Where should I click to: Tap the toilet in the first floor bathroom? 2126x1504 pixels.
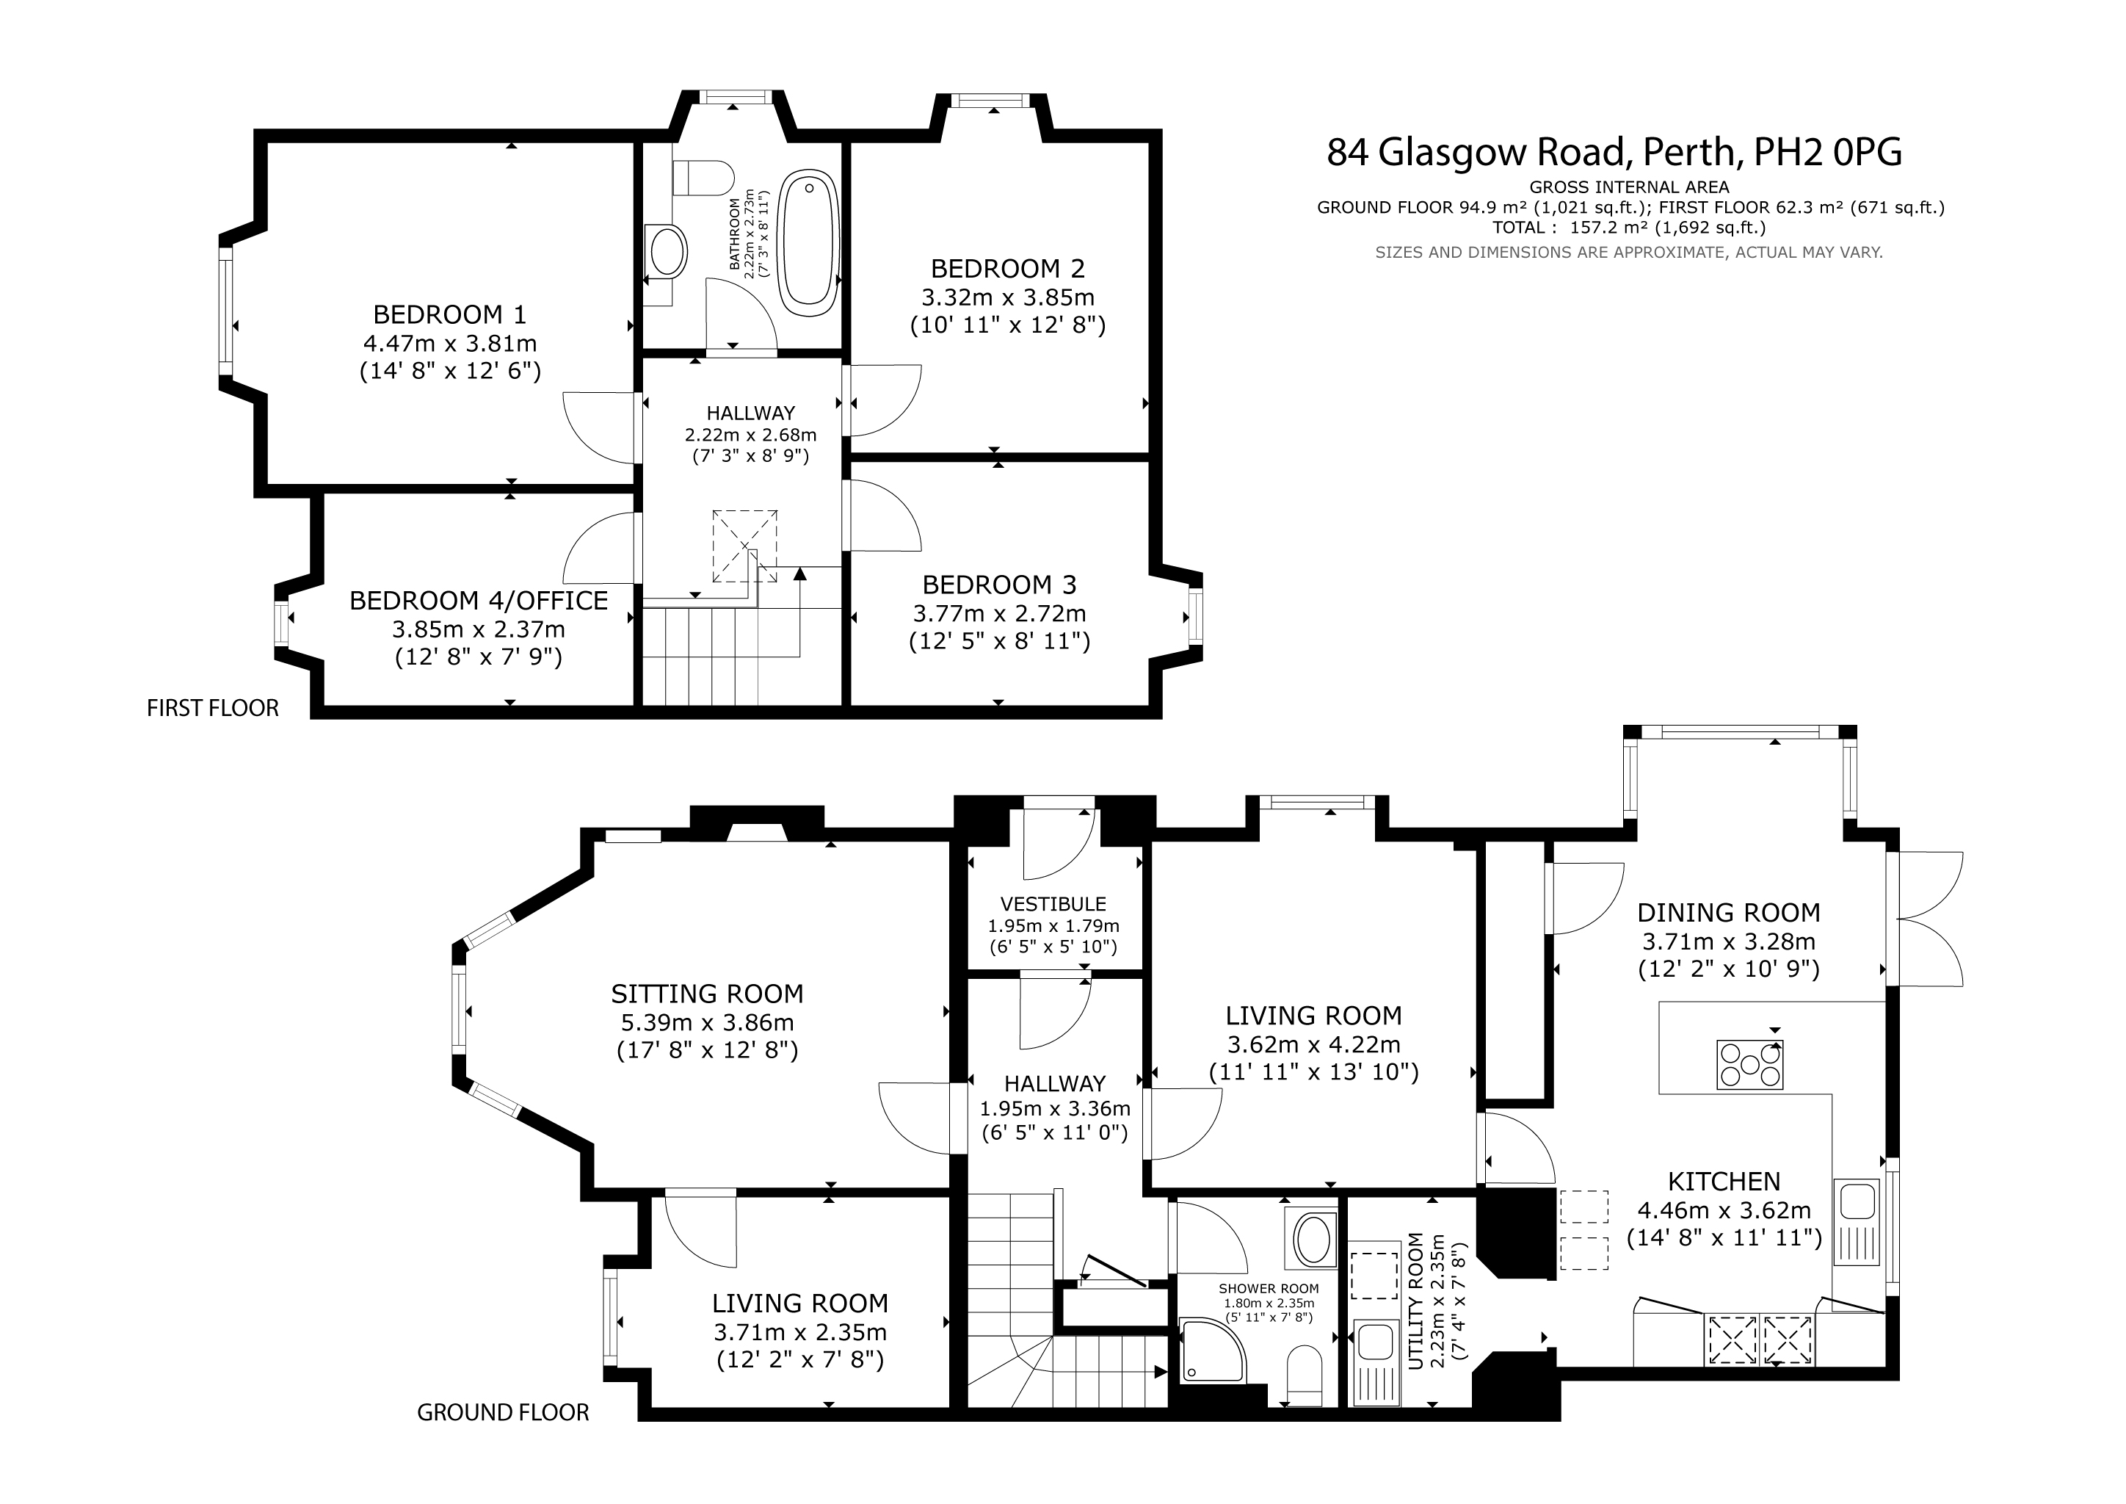coord(703,177)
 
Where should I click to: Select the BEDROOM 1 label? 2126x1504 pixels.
coord(450,314)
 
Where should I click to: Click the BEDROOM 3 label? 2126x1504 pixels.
coord(999,585)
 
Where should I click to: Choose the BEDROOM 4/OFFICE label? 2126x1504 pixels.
coord(479,600)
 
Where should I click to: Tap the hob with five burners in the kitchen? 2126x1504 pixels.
coord(1749,1064)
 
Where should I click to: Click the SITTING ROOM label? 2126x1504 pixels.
coord(708,994)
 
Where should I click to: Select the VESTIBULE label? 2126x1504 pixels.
coord(1053,904)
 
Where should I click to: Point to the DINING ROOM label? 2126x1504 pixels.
coord(1729,912)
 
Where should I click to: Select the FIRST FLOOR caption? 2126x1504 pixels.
coord(213,709)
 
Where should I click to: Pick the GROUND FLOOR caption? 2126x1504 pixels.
coord(503,1412)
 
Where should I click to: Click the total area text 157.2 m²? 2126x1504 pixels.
coord(1605,228)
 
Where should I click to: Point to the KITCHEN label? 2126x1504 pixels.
coord(1724,1182)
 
